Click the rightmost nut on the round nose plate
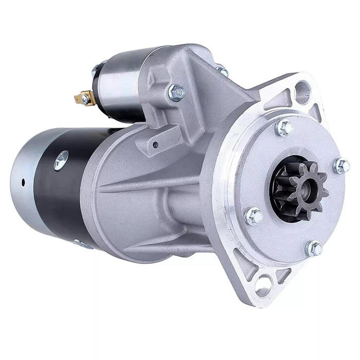pyautogui.click(x=341, y=166)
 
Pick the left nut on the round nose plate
pyautogui.click(x=254, y=217)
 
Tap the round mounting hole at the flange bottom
pyautogui.click(x=264, y=281)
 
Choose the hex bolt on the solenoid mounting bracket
pyautogui.click(x=176, y=93)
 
